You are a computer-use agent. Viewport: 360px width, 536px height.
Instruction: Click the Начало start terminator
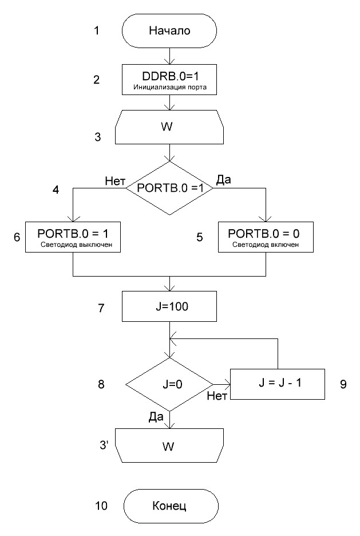(x=169, y=31)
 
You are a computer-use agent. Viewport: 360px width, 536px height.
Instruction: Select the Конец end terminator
(x=170, y=506)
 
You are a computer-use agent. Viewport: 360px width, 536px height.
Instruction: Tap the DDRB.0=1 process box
(x=169, y=79)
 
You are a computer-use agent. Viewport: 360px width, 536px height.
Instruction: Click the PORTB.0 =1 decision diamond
(x=169, y=188)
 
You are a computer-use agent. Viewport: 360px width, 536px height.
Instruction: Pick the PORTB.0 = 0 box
(x=265, y=237)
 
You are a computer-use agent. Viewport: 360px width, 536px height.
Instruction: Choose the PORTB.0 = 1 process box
(x=73, y=237)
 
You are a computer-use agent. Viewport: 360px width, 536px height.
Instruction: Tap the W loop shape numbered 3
(x=169, y=128)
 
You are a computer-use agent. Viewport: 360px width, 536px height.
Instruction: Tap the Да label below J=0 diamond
(x=156, y=418)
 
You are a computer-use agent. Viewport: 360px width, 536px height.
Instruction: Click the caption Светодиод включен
(x=265, y=246)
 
